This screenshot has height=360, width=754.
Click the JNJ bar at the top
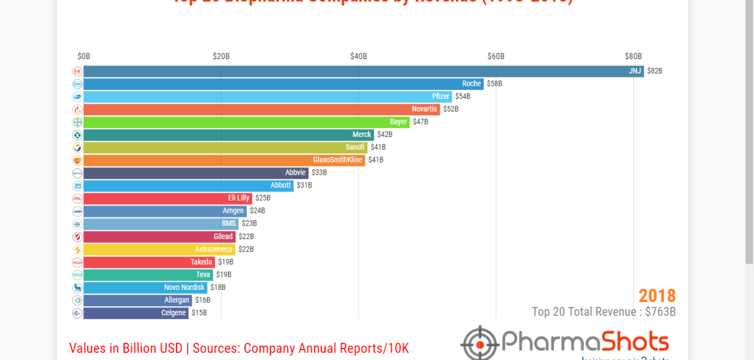pyautogui.click(x=362, y=71)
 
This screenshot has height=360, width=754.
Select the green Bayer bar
pyautogui.click(x=245, y=122)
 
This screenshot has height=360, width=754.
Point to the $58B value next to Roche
pyautogui.click(x=494, y=84)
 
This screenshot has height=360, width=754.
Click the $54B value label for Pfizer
pyautogui.click(x=462, y=96)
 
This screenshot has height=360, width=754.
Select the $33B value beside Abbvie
pyautogui.click(x=319, y=173)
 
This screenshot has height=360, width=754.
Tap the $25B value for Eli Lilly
pyautogui.click(x=262, y=198)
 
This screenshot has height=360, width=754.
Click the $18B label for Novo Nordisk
pyautogui.click(x=217, y=288)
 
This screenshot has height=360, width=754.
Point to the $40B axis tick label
pyautogui.click(x=358, y=57)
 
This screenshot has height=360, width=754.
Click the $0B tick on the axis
pyautogui.click(x=84, y=57)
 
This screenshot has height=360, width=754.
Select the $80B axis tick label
pyautogui.click(x=633, y=57)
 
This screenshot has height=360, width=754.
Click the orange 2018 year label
pyautogui.click(x=657, y=296)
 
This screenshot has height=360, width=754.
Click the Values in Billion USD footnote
pyautogui.click(x=238, y=348)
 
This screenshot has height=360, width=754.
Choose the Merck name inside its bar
pyautogui.click(x=362, y=135)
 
